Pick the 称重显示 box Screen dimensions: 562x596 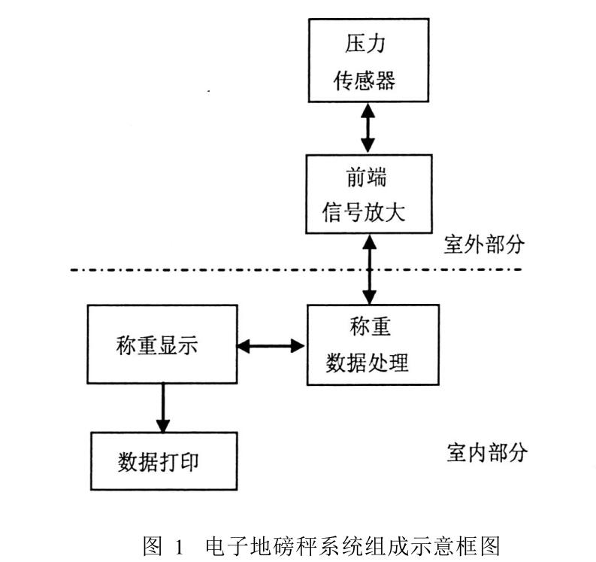coord(162,345)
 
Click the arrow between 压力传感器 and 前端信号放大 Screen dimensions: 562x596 coord(368,127)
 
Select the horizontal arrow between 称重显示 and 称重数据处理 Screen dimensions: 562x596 coord(271,346)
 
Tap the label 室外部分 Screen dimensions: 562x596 coord(484,245)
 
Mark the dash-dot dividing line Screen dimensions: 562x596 coord(225,270)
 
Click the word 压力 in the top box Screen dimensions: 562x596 coord(368,44)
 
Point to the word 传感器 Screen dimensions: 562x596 coord(368,81)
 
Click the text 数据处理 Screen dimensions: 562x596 coord(368,363)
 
